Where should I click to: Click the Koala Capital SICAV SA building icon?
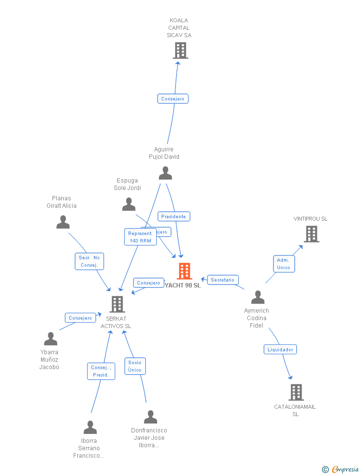point(180,50)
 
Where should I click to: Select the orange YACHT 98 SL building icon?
point(184,271)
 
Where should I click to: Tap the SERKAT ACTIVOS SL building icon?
point(117,304)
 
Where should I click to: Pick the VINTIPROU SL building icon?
point(311,234)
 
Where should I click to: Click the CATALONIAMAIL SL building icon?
point(296,392)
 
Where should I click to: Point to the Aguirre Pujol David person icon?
point(165,173)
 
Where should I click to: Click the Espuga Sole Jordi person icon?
point(129,204)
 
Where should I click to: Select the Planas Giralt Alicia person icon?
point(63,222)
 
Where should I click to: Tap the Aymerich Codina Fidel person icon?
point(258,297)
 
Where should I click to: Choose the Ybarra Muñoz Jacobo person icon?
point(50,339)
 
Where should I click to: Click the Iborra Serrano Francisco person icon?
point(90,427)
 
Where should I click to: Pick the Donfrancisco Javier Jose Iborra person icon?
point(150,417)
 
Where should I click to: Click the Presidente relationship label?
point(174,217)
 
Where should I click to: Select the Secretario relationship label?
point(223,280)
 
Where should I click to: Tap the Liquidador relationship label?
point(280,349)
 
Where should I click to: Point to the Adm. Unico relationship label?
point(283,264)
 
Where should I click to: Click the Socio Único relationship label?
point(135,366)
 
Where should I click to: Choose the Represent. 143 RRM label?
point(140,237)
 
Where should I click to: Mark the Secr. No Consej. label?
point(90,261)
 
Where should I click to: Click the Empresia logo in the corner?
point(344,469)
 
